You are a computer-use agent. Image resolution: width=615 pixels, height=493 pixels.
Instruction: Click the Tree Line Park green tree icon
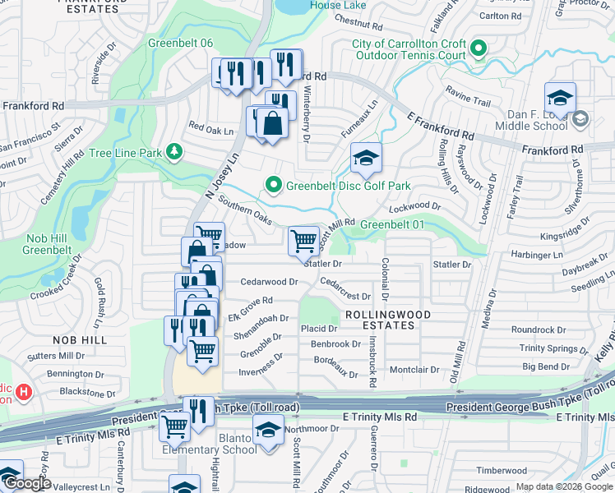click(173, 152)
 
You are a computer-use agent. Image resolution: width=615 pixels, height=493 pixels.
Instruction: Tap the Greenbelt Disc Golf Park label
click(348, 186)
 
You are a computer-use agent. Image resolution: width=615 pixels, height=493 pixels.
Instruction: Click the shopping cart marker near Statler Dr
click(304, 242)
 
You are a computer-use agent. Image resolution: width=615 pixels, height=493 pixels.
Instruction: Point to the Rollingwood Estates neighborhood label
click(378, 320)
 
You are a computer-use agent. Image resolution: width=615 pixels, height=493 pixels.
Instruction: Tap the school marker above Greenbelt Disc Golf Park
click(366, 158)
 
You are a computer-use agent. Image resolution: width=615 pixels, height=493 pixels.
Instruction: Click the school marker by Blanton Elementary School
click(268, 431)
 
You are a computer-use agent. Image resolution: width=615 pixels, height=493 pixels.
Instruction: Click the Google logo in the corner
click(27, 484)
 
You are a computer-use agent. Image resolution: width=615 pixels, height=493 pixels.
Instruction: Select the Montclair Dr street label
click(414, 370)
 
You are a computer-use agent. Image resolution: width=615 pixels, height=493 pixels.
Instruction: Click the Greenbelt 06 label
click(180, 44)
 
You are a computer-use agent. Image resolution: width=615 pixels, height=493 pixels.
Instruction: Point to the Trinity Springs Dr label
click(548, 348)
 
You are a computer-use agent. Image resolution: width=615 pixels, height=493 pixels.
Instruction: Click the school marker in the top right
click(560, 98)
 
